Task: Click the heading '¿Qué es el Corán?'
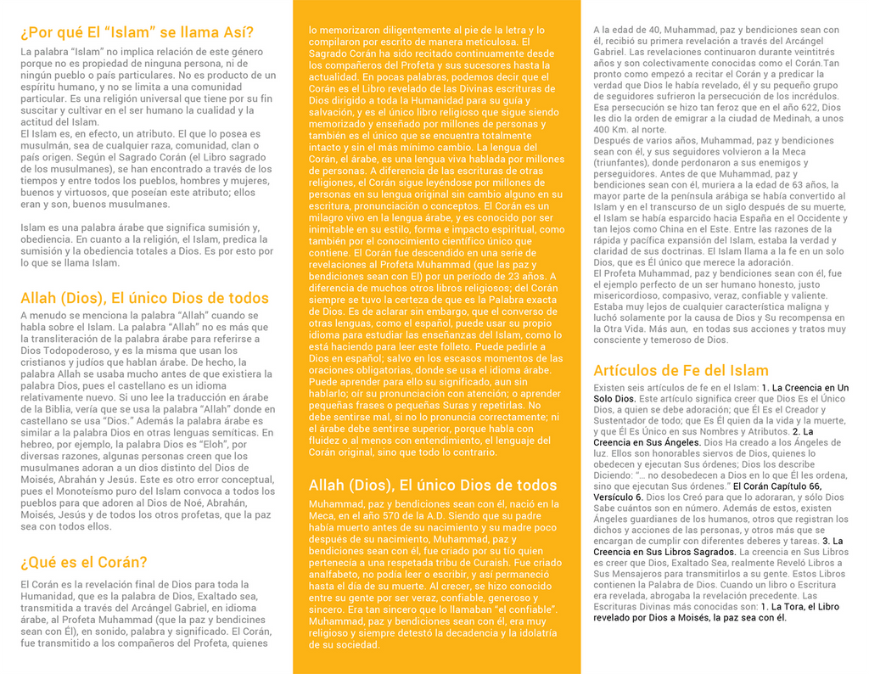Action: [x=84, y=562]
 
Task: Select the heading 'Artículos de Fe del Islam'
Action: [x=681, y=370]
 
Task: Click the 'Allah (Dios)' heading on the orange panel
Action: [x=433, y=485]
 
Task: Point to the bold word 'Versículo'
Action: [x=617, y=497]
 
